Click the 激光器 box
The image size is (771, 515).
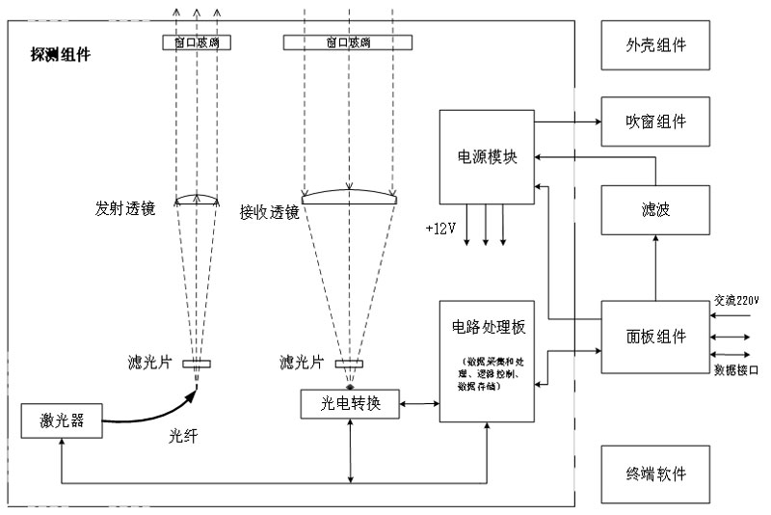point(60,422)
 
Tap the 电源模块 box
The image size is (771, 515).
point(486,156)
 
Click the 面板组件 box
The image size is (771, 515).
point(656,338)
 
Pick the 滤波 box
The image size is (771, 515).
point(656,209)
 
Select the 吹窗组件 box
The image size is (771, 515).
point(656,122)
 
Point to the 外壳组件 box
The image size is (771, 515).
point(656,45)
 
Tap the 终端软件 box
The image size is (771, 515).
point(656,474)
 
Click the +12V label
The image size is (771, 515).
point(439,229)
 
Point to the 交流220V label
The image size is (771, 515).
point(736,300)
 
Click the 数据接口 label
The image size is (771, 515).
point(736,369)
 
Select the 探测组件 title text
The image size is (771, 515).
point(60,56)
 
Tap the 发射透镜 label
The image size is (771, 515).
point(122,207)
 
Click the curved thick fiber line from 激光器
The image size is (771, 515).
point(154,417)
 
